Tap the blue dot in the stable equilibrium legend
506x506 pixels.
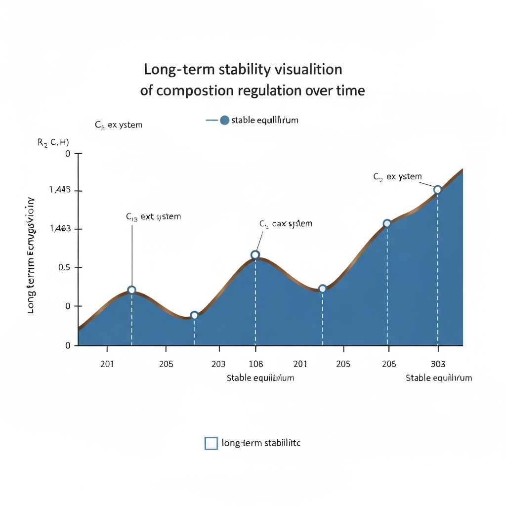coord(224,120)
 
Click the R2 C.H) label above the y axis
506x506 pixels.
coord(53,142)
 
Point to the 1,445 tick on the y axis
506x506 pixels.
coord(60,190)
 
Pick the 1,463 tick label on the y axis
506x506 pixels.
coord(60,229)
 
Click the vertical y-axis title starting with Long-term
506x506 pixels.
coord(30,255)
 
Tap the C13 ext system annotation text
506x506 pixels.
coord(154,216)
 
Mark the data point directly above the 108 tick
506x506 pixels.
coord(255,255)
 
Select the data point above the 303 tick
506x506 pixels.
coord(437,190)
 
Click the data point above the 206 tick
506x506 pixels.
coord(387,223)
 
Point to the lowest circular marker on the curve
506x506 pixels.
coord(194,315)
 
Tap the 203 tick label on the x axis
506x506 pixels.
coord(218,364)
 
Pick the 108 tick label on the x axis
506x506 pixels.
coord(255,364)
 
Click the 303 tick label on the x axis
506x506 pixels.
coord(438,364)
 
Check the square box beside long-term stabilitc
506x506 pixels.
coord(211,443)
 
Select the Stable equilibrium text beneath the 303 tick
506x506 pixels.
coord(439,378)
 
